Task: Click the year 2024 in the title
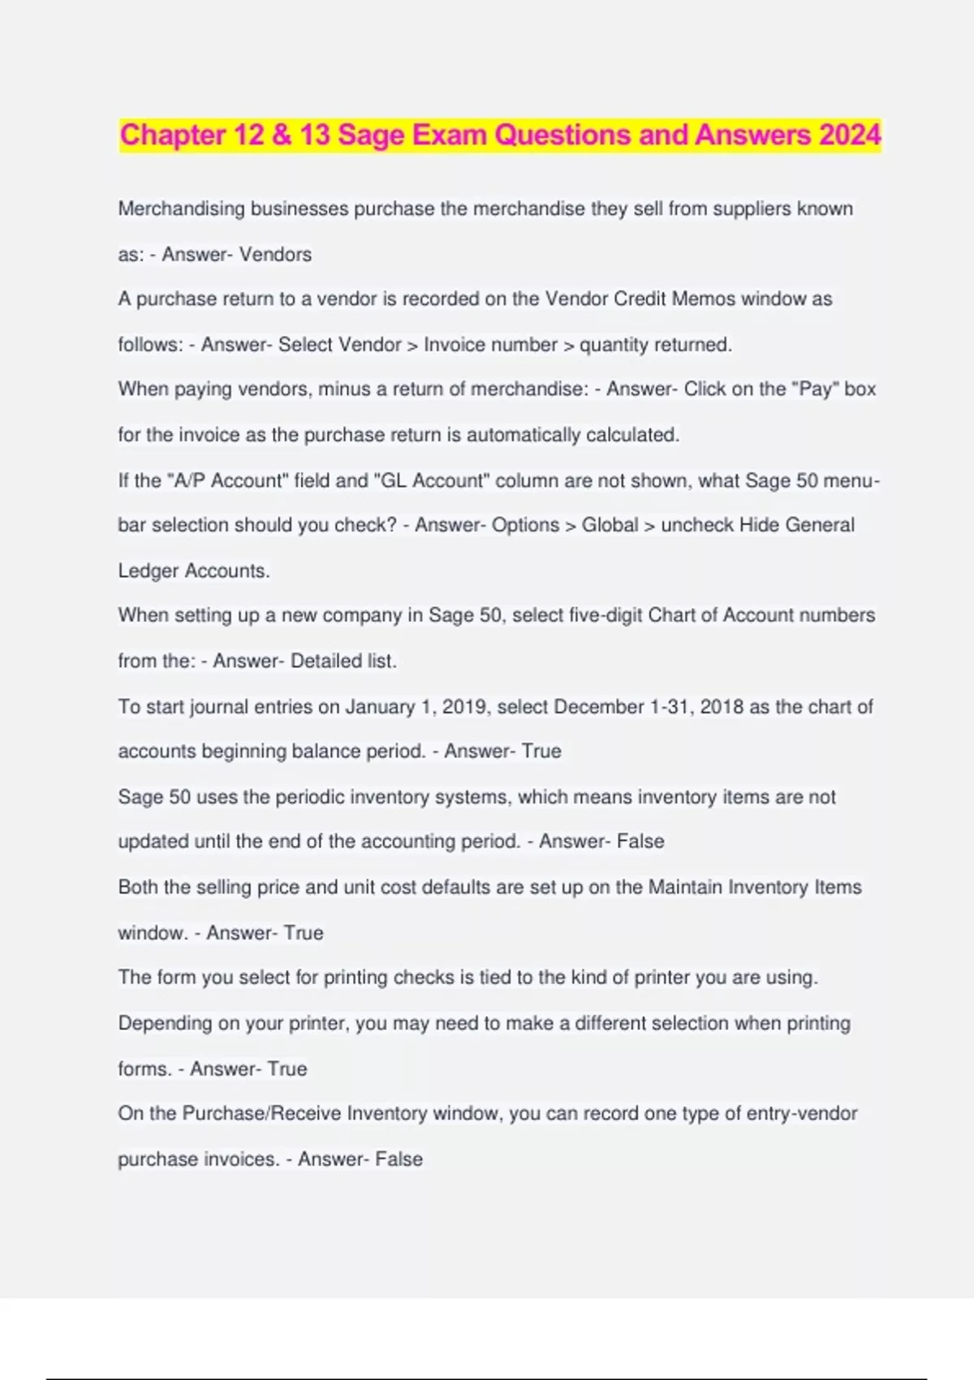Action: click(x=849, y=135)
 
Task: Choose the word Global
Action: click(x=610, y=525)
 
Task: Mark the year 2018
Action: click(x=722, y=706)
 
